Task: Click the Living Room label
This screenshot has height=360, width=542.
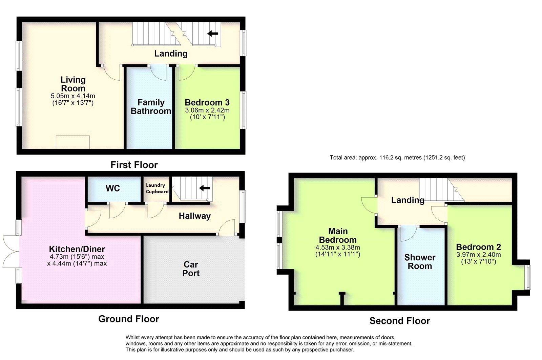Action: point(73,84)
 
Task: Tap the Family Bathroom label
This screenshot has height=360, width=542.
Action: point(151,107)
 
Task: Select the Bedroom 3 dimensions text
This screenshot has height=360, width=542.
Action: point(207,114)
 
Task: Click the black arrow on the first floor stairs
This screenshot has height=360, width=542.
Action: point(213,33)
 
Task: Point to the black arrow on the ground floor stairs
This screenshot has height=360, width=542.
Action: point(205,188)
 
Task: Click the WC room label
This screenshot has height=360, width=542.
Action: point(112,188)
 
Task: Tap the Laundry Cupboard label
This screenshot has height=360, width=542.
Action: point(157,188)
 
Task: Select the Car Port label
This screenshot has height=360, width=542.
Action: point(191,269)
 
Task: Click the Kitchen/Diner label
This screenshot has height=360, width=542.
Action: point(77,249)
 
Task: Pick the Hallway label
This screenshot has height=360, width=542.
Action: point(194,216)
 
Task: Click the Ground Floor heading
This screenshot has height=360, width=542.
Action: point(128,319)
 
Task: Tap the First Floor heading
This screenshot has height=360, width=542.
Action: point(134,165)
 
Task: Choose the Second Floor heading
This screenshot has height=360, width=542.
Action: point(399,321)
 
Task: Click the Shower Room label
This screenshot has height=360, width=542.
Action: point(420,262)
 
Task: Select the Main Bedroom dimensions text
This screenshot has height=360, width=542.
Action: point(337,251)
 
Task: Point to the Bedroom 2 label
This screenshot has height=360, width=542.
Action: point(478,247)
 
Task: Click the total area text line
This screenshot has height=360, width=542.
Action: point(397,158)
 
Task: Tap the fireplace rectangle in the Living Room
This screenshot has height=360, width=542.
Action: point(73,142)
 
